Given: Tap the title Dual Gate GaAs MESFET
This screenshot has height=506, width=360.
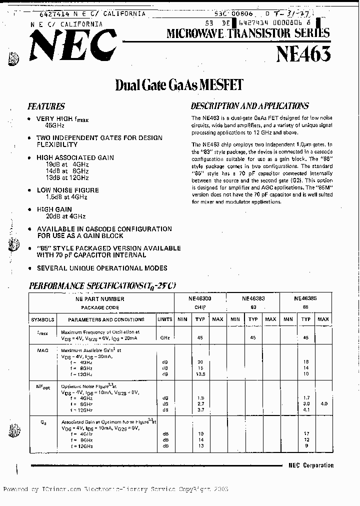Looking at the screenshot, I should [x=179, y=84].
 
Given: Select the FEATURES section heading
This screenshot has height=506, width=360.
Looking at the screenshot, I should [x=46, y=106].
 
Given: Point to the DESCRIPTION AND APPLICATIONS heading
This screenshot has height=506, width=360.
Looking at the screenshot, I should [x=249, y=105].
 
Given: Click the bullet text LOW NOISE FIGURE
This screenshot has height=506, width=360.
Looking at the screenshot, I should [x=67, y=190].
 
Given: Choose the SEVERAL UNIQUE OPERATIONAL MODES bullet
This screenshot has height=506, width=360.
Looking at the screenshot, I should [x=102, y=268].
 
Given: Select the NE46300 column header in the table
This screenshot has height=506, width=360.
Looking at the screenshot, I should [x=200, y=298].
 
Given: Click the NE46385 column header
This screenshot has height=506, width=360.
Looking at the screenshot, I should [x=306, y=298].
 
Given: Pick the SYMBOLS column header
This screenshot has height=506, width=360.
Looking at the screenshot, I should [x=42, y=319].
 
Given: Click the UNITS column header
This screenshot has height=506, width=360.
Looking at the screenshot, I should [x=164, y=319].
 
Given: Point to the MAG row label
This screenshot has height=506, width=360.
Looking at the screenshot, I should [x=42, y=350].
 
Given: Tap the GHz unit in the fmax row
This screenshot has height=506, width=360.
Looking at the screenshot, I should [x=164, y=338].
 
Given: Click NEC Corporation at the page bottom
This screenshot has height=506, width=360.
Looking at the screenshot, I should [x=310, y=465].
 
